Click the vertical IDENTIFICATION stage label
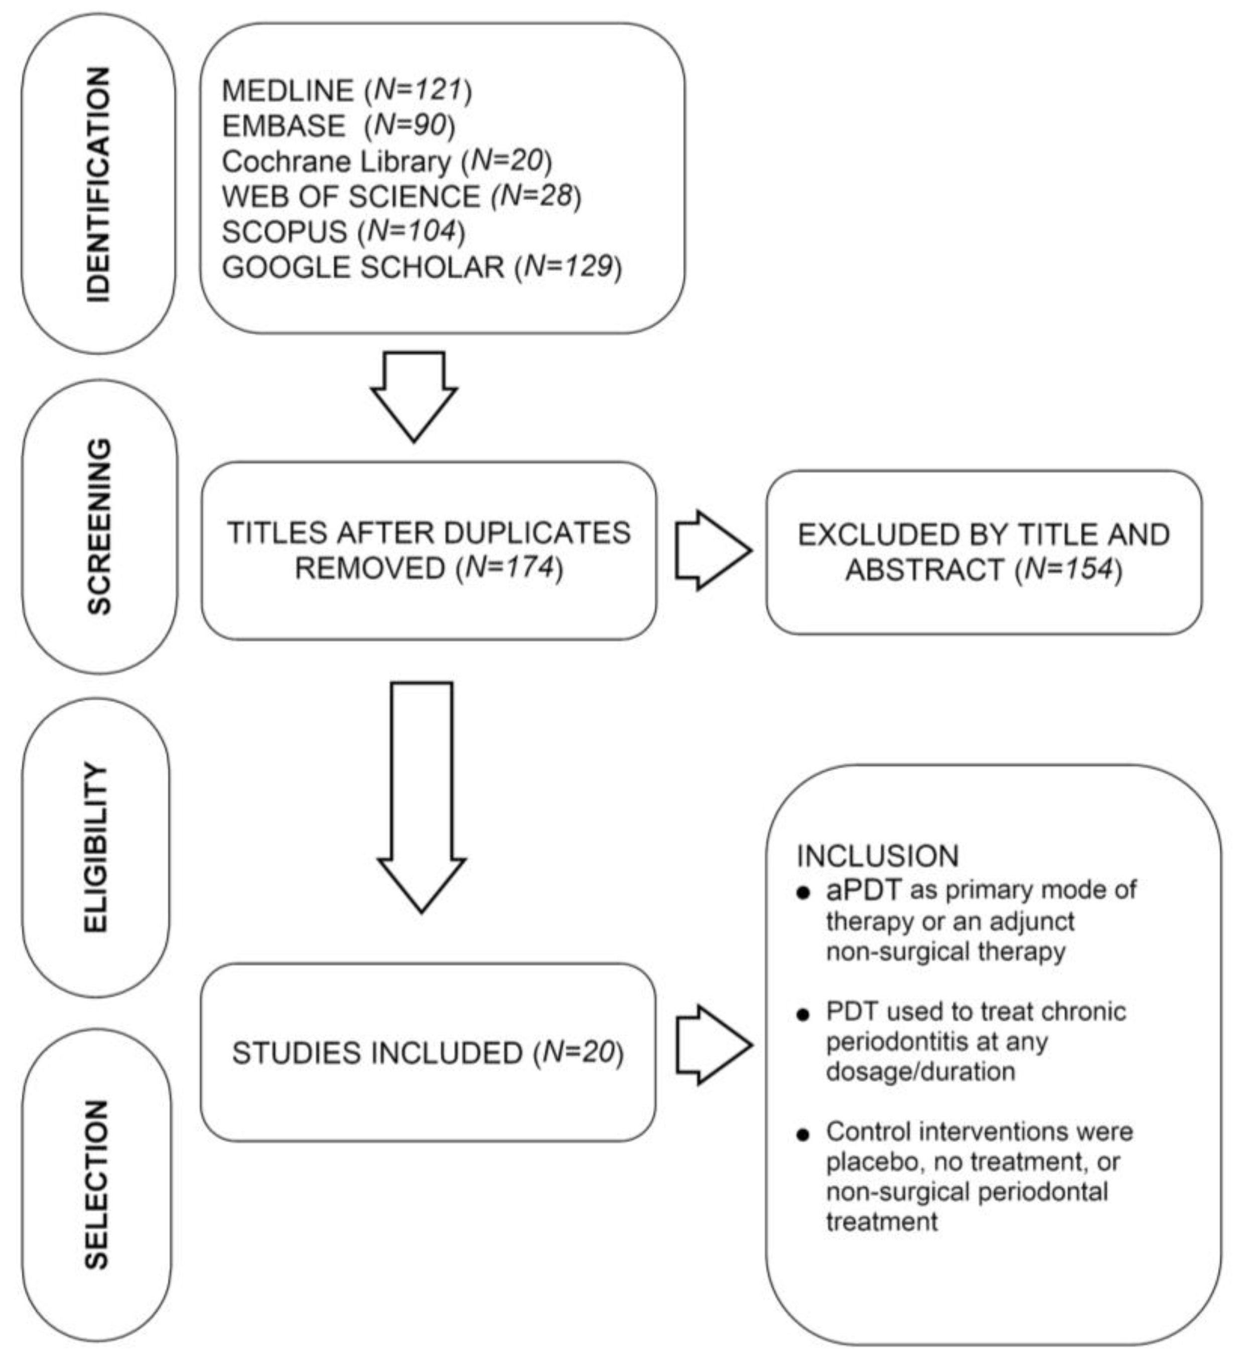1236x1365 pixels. pos(99,184)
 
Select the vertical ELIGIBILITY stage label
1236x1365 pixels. pos(96,848)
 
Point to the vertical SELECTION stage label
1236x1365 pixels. pos(96,1184)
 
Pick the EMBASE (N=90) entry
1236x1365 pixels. pos(338,125)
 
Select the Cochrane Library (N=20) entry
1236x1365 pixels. pos(386,161)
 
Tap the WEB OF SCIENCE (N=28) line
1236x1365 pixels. pos(401,196)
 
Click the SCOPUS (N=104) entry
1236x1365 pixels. pos(343,231)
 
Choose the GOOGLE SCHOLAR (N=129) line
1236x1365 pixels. pos(421,267)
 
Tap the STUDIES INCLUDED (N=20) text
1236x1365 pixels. pos(428,1053)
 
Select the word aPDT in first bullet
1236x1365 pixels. pos(863,890)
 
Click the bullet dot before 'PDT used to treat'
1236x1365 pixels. pos(803,1015)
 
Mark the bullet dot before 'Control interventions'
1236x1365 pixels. pos(803,1135)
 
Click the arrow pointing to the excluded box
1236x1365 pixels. pos(713,550)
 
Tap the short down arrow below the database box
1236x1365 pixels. pos(414,395)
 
